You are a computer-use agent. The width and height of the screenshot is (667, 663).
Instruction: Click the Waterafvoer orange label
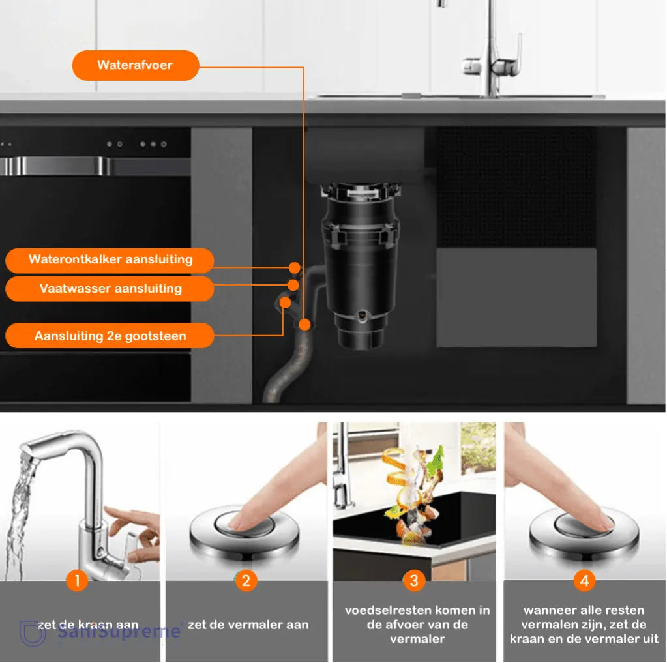(x=136, y=65)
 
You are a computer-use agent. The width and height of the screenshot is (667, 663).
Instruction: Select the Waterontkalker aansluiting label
(x=110, y=259)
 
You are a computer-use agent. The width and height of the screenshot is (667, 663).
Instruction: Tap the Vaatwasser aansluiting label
(x=110, y=288)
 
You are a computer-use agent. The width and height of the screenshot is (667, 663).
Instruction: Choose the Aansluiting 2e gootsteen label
(x=110, y=336)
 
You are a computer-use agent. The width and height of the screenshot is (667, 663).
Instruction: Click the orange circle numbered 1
(x=77, y=580)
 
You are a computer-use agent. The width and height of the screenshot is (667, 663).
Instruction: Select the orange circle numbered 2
(x=245, y=580)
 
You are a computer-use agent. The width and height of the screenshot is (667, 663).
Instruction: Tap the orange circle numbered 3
(x=414, y=580)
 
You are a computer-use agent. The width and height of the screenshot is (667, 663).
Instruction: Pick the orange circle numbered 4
(x=584, y=580)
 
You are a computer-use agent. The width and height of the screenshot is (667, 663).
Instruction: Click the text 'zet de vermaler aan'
(x=248, y=625)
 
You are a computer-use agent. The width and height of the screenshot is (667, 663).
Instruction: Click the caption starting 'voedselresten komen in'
(x=417, y=625)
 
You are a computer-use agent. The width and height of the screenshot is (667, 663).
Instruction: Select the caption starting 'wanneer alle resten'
(x=584, y=625)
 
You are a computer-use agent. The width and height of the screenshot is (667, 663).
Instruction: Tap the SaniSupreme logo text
(x=117, y=632)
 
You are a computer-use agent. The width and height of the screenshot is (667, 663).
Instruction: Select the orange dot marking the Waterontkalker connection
(x=295, y=267)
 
